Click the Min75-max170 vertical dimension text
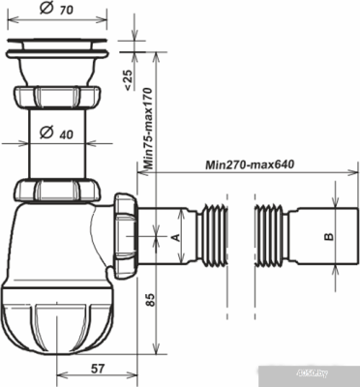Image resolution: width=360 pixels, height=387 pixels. pos(148,127)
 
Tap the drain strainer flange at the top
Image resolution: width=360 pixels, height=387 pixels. pos(58,45)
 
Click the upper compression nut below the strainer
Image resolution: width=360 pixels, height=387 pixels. pos(58,99)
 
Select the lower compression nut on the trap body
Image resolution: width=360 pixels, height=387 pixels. pos(58,191)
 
